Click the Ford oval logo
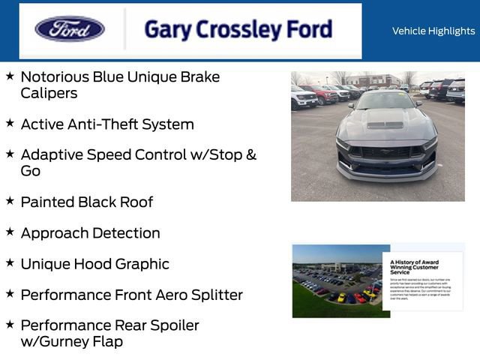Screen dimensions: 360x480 70,30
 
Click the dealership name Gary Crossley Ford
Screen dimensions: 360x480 238,30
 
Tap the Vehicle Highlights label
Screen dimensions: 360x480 433,31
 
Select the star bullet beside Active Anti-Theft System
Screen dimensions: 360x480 10,122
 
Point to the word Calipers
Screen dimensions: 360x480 49,94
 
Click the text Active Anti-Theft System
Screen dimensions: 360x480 107,124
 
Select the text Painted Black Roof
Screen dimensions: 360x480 86,202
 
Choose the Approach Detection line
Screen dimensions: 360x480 90,233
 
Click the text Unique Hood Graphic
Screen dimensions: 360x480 94,264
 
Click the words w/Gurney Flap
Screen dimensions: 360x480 71,342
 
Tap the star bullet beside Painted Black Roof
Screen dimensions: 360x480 10,200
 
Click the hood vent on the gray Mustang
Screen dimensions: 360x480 385,124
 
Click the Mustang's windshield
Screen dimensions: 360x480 386,100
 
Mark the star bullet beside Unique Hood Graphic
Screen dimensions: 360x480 10,262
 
